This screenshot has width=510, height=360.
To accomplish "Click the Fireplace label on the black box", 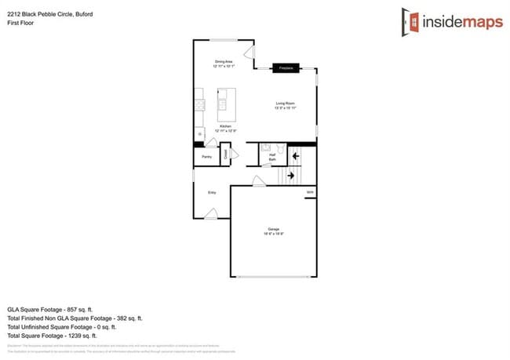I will (x=286, y=69).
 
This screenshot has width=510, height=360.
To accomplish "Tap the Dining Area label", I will (x=224, y=64).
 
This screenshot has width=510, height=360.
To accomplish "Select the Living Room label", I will (x=285, y=105).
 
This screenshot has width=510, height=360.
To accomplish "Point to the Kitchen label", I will (x=226, y=127).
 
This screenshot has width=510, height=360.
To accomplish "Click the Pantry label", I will (x=207, y=157).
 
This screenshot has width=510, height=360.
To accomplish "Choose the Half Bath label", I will (x=272, y=158).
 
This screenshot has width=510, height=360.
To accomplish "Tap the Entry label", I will (x=211, y=192).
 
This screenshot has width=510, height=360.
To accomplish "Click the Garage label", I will (x=273, y=231).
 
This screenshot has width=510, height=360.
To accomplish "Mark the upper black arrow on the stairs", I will (x=296, y=157).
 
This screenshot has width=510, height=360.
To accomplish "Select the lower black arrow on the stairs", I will (x=291, y=176).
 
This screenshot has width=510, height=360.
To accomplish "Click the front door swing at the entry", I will (x=211, y=213).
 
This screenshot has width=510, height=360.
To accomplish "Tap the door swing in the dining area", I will (x=248, y=53).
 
